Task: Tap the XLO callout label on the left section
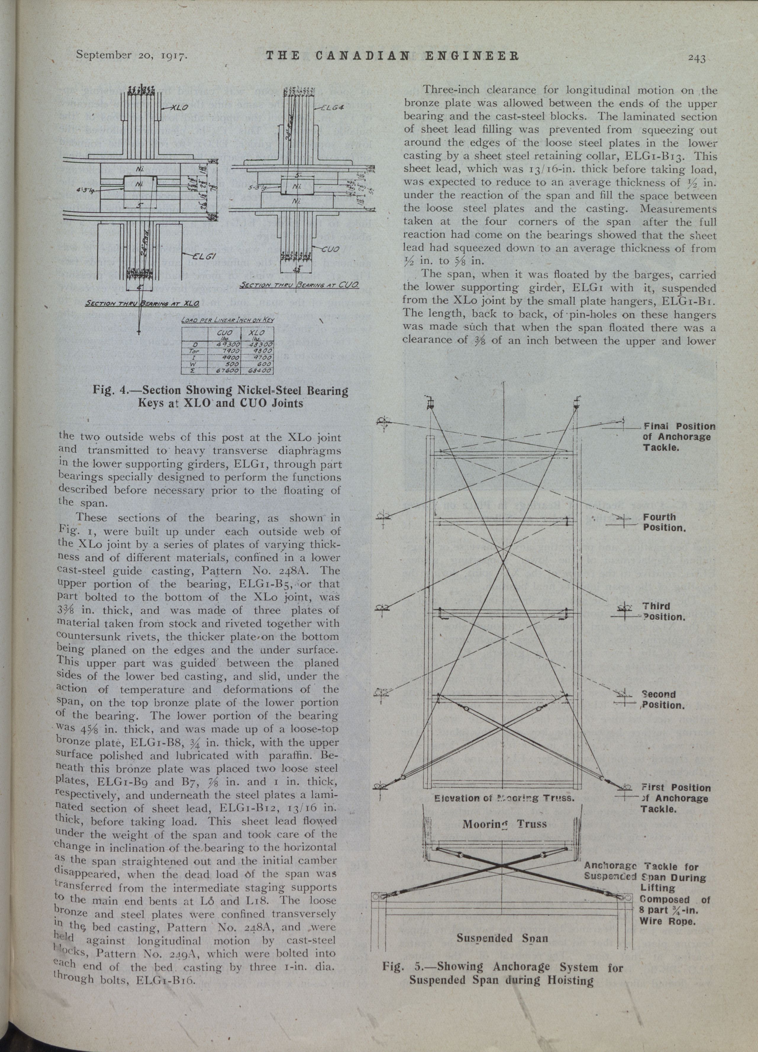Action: point(179,108)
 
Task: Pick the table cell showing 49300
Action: point(228,345)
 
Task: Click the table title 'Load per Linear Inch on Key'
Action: point(227,320)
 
